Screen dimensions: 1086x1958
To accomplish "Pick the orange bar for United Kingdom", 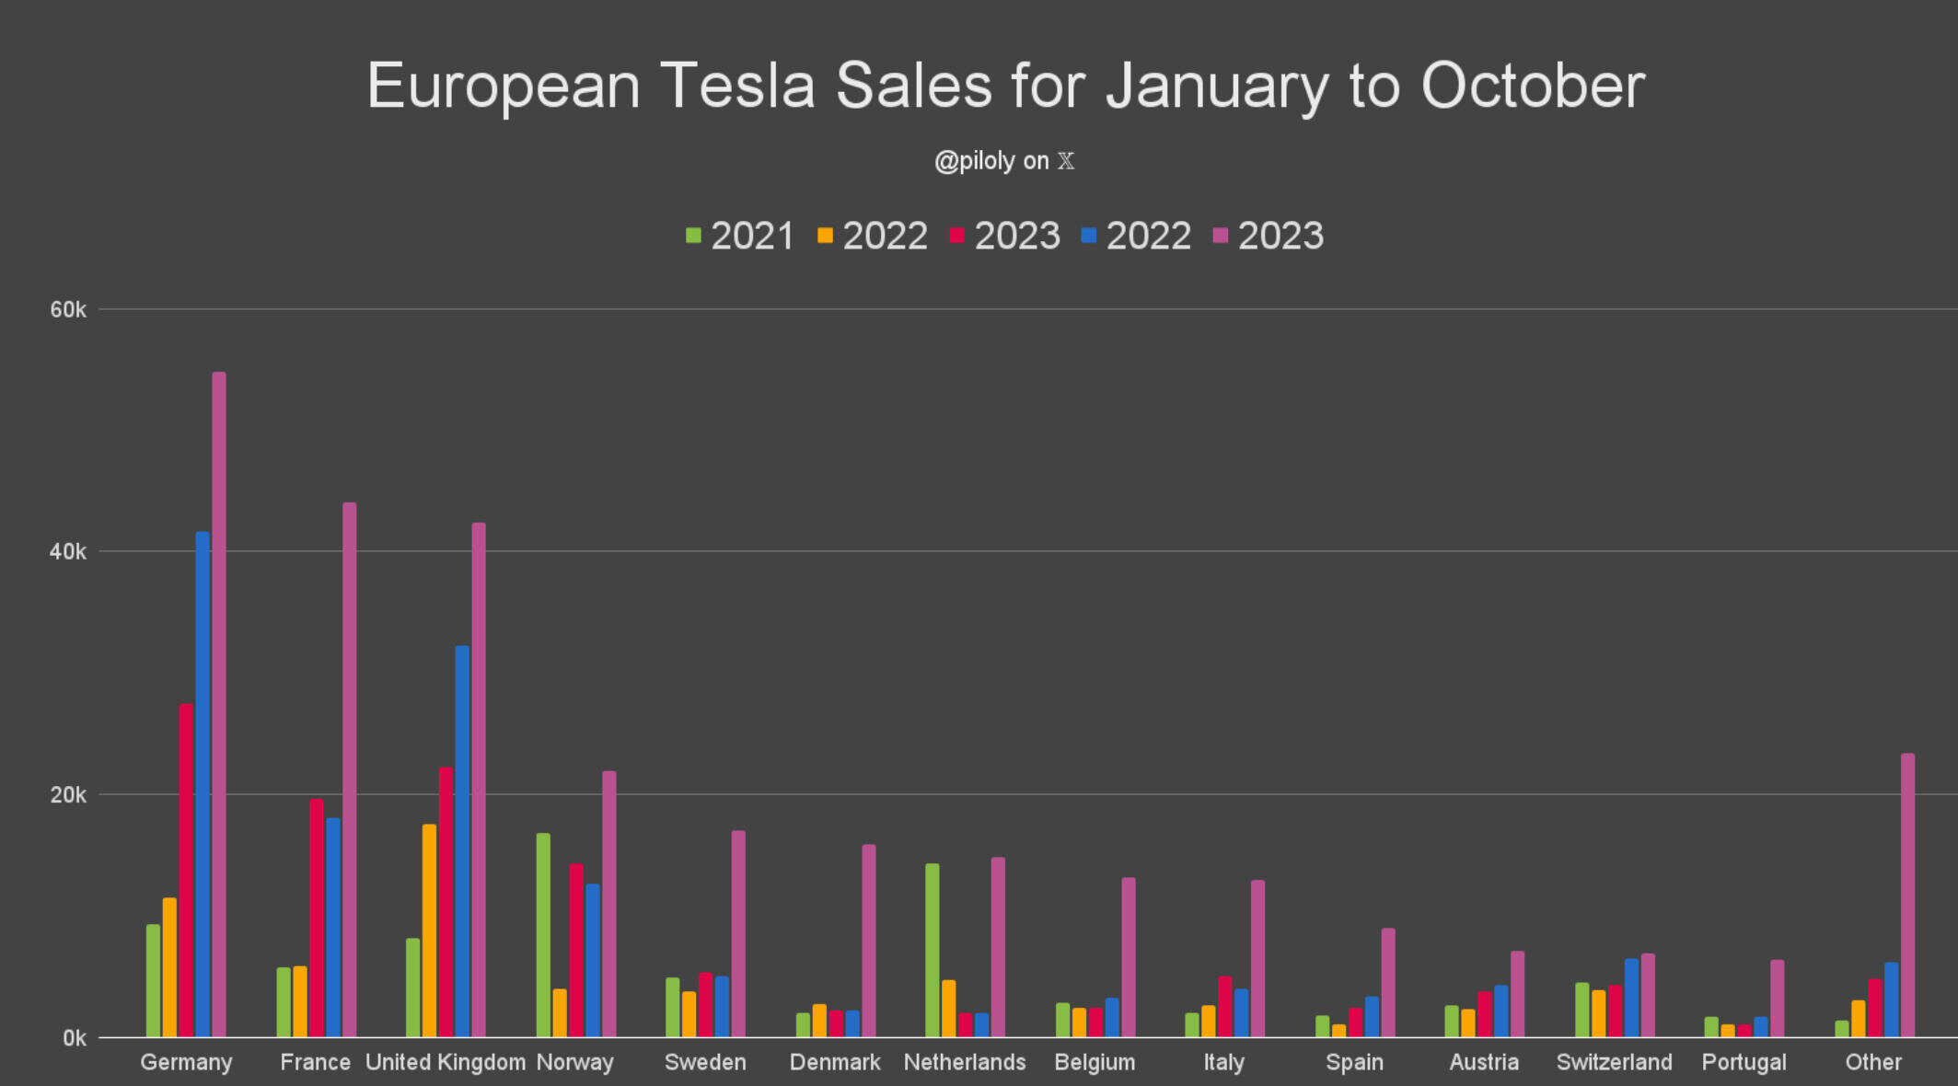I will coord(429,930).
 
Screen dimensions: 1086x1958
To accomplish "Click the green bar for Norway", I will coord(543,935).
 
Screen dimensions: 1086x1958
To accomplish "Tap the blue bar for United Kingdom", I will coord(462,841).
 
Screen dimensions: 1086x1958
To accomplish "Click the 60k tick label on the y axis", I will coord(68,310).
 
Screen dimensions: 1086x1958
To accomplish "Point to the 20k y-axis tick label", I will coord(68,795).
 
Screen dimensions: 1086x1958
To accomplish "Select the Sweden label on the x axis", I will coord(705,1062).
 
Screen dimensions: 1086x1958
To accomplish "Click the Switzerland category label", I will coord(1614,1062).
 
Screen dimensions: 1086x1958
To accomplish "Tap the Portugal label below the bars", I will coord(1744,1062).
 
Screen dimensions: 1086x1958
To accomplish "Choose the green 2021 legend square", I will coord(693,236).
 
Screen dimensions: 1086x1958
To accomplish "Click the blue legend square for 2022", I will coord(1089,236).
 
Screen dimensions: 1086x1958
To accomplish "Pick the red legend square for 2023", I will coord(957,236).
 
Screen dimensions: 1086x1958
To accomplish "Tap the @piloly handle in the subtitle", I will coord(974,161).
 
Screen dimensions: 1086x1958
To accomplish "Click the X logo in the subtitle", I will coord(1066,161).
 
